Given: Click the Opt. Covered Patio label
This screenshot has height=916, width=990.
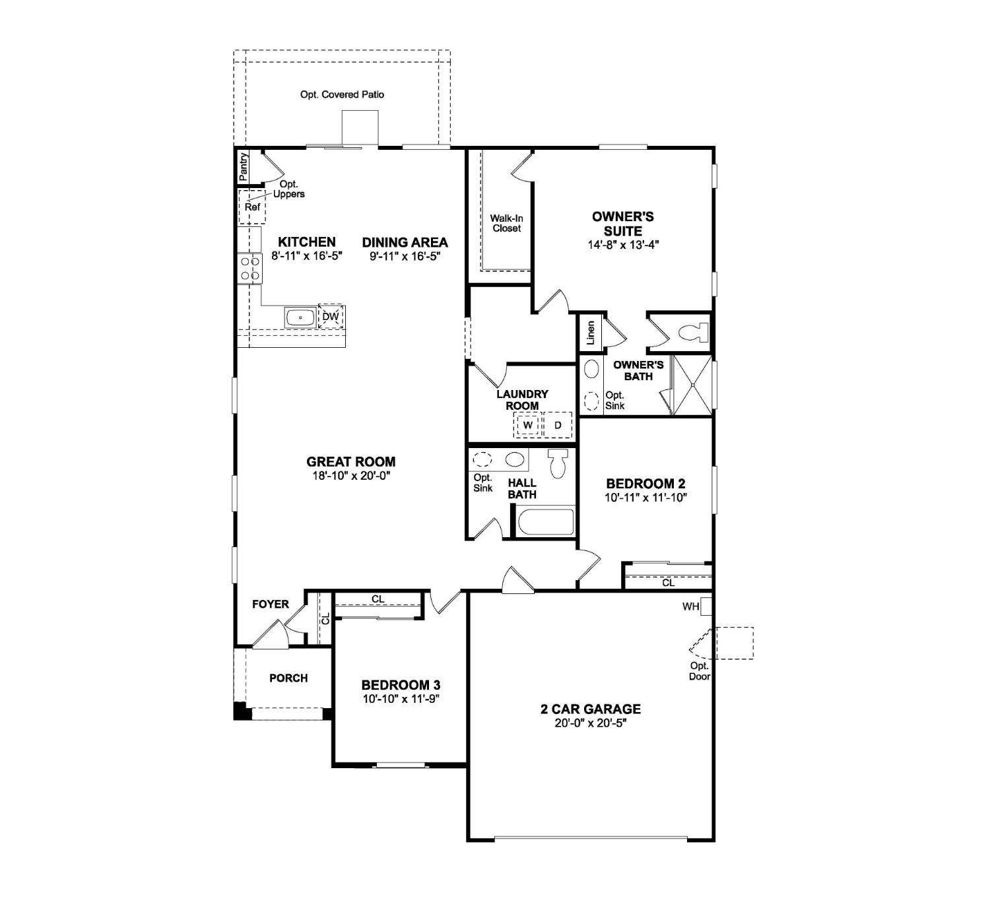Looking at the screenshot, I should coord(342,94).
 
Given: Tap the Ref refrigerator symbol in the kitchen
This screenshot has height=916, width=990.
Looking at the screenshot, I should coord(252,207).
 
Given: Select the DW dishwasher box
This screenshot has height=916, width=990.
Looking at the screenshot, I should coord(331,317).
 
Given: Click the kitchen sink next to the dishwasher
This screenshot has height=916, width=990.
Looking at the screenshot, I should coord(300,317).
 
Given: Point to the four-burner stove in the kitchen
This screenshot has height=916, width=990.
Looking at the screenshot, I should coord(250,269).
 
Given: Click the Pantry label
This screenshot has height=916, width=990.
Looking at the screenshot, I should coord(244,166).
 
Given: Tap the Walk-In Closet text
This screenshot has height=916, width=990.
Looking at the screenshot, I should coord(506,223).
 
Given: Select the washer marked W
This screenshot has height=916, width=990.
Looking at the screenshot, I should coord(528,425).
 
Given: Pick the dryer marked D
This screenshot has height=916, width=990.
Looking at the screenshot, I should coord(558,425).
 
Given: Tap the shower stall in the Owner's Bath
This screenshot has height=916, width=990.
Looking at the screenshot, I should coord(692,385).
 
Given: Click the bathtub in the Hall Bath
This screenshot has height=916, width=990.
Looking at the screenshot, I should coord(545,522).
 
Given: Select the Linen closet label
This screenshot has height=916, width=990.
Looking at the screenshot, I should coord(591,333).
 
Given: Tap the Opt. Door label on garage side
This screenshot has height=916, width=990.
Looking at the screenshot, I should coord(700,671).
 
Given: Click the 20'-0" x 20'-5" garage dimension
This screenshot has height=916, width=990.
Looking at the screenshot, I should coord(590,723).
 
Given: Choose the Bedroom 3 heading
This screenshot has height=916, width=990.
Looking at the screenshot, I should coord(401,685).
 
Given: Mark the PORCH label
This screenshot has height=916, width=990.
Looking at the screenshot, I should coord(288,678).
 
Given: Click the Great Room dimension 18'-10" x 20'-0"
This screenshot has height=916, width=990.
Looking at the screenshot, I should coord(351,476).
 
